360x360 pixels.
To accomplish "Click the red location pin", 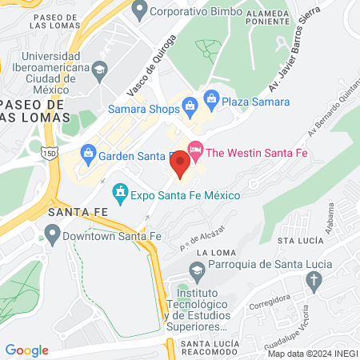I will (x=181, y=164).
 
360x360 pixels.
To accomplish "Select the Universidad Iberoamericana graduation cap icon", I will (x=100, y=69).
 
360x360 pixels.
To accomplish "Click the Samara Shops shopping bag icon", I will (x=190, y=104).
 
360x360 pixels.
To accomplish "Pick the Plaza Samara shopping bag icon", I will (x=211, y=98).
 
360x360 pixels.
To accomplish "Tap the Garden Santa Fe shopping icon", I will (x=89, y=151).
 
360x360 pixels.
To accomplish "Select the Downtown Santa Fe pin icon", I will (x=53, y=234).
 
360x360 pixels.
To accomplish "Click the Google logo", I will (x=26, y=350).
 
